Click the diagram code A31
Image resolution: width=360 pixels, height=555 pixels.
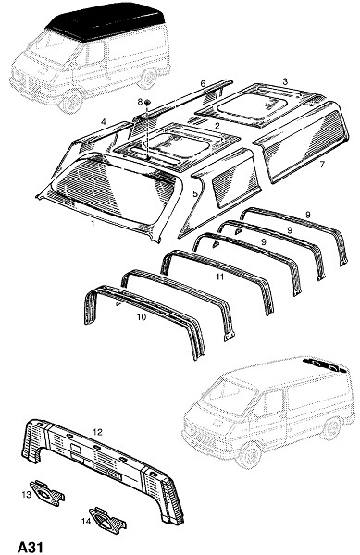tap(31, 547)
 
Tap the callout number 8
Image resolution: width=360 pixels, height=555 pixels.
tap(140, 102)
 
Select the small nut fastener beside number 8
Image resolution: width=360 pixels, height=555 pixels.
tap(148, 103)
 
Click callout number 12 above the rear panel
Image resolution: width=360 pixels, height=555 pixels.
tap(98, 432)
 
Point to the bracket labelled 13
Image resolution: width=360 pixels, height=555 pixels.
tap(47, 491)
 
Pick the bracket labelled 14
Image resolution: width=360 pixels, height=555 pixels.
tap(107, 519)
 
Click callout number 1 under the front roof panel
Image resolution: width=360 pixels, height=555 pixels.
tap(93, 223)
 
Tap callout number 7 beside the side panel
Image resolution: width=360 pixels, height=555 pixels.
tap(322, 165)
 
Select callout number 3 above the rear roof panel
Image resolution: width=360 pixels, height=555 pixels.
tap(285, 81)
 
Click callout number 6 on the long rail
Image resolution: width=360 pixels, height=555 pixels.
tap(203, 84)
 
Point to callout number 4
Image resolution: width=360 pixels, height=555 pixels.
tap(104, 122)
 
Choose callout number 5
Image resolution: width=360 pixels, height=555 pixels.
tap(195, 193)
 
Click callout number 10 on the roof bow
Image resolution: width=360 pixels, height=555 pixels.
tap(142, 316)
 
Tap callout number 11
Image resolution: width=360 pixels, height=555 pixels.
tap(220, 277)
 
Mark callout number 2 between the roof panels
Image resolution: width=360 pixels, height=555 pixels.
tap(217, 125)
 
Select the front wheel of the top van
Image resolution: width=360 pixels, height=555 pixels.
tap(72, 102)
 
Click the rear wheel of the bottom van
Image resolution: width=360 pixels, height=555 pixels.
tap(332, 428)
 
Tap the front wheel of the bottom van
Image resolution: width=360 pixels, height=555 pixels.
tap(250, 455)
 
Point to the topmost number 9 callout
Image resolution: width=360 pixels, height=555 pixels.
tap(307, 215)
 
